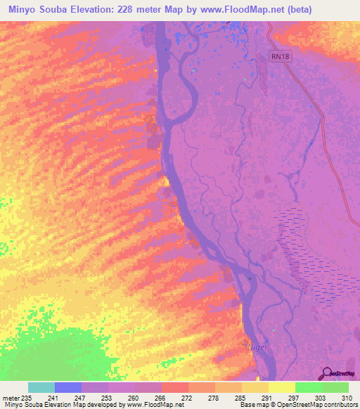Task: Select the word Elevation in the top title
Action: (x=96, y=9)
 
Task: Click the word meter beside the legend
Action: (x=12, y=398)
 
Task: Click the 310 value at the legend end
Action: (x=347, y=398)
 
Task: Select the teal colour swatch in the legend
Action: (x=41, y=387)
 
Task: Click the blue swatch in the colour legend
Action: (x=68, y=387)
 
